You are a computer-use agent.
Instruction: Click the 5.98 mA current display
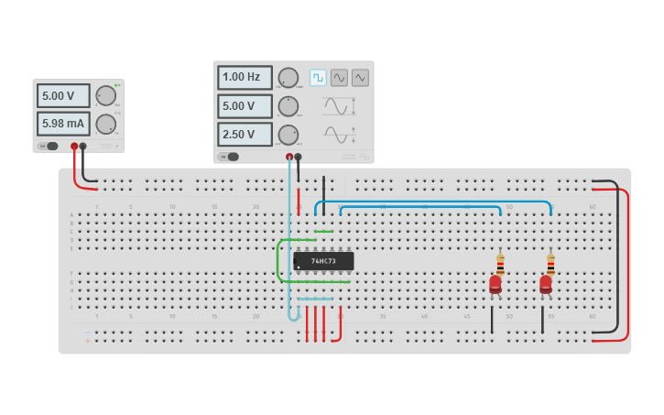[63, 124]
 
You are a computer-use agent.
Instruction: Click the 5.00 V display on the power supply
[63, 96]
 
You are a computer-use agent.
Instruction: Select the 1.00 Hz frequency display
[245, 77]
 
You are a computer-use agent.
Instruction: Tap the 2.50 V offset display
[245, 135]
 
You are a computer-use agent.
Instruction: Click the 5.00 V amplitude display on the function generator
[245, 106]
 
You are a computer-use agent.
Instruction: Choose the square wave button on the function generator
[318, 78]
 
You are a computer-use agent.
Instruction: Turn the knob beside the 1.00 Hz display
[288, 78]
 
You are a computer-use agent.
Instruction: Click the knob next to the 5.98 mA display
[106, 124]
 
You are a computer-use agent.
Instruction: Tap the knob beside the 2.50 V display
[288, 135]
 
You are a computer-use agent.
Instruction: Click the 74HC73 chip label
[323, 261]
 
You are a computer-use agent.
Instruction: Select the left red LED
[495, 284]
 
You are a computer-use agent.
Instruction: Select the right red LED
[545, 284]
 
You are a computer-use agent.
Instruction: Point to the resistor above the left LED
[500, 264]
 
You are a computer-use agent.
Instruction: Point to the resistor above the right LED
[550, 264]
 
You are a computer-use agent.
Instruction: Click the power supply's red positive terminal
[74, 146]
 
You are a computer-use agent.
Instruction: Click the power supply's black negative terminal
[83, 146]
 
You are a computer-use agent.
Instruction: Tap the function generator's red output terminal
[289, 157]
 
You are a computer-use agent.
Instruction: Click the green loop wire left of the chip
[278, 261]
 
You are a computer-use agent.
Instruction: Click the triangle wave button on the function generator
[360, 78]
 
